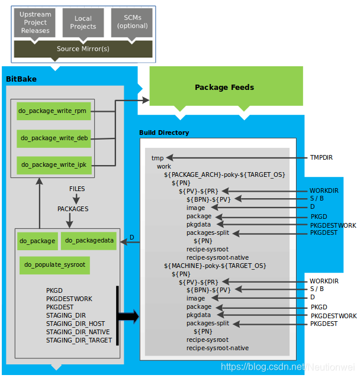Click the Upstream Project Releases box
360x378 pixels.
(x=35, y=22)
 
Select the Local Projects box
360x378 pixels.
(x=83, y=22)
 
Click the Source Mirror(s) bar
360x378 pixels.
(x=83, y=49)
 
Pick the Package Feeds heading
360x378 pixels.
(x=224, y=88)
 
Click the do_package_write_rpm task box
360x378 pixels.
(x=53, y=111)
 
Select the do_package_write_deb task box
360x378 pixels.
(x=54, y=137)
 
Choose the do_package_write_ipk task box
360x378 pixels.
(x=53, y=164)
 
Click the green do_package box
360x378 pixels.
(x=37, y=241)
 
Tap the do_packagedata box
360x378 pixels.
(x=89, y=240)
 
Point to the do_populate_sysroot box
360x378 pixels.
(x=54, y=265)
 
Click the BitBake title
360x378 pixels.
(x=21, y=79)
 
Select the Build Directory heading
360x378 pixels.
(x=164, y=133)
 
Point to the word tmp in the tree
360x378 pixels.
(x=157, y=158)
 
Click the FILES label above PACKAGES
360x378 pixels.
(x=77, y=189)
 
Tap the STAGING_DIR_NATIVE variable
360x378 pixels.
(x=78, y=332)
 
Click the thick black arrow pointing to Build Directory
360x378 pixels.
(x=128, y=317)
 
